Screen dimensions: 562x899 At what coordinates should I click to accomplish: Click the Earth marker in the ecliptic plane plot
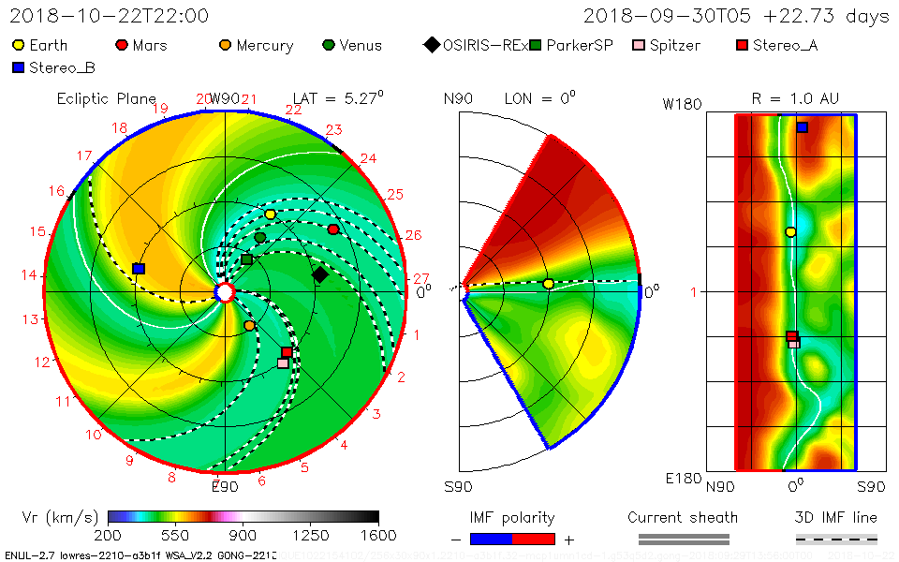click(271, 214)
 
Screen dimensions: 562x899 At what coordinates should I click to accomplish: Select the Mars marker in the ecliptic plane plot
click(333, 229)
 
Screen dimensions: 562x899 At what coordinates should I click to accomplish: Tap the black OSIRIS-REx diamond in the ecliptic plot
click(319, 274)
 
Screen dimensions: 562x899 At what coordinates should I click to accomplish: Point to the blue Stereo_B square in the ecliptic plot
click(139, 269)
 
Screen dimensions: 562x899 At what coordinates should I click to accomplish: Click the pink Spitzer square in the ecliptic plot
click(283, 362)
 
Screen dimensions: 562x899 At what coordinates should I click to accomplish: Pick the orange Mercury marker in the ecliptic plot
click(249, 325)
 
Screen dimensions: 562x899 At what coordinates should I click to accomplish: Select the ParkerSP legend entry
click(571, 45)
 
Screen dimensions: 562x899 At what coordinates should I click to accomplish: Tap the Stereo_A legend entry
click(777, 45)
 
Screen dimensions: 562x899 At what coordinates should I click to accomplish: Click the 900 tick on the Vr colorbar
click(243, 536)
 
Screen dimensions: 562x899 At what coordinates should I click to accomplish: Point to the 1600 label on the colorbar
click(378, 536)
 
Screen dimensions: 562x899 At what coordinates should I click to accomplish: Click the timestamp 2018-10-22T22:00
click(110, 16)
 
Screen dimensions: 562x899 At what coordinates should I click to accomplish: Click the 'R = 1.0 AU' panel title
click(795, 98)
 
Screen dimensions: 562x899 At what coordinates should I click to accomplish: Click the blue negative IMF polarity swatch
click(491, 539)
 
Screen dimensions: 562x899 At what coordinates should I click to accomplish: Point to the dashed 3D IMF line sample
click(836, 539)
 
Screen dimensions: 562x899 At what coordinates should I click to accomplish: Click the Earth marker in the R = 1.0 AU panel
click(790, 231)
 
